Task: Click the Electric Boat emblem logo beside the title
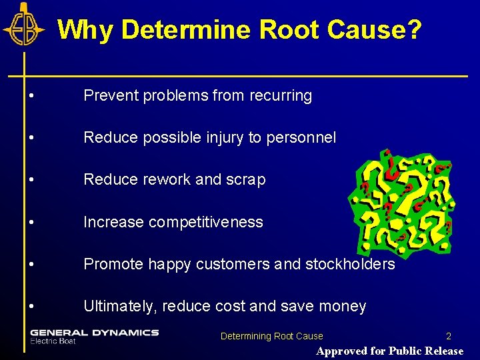coord(24,25)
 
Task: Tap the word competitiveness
coord(207,222)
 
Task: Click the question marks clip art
coord(401,200)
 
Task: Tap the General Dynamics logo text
coord(94,332)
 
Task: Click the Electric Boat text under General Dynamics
coord(53,341)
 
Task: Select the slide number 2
coord(449,337)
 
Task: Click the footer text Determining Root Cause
coord(271,337)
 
